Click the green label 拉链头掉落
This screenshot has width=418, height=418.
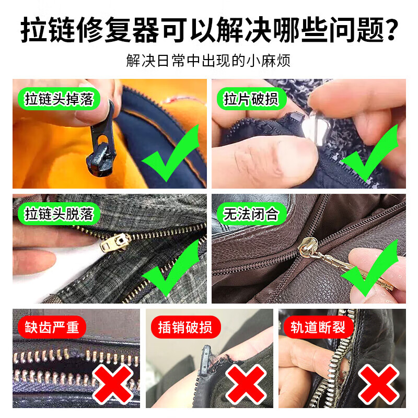pos(58,99)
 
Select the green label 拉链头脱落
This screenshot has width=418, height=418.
pos(58,213)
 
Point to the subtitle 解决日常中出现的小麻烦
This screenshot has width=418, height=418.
pos(208,61)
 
